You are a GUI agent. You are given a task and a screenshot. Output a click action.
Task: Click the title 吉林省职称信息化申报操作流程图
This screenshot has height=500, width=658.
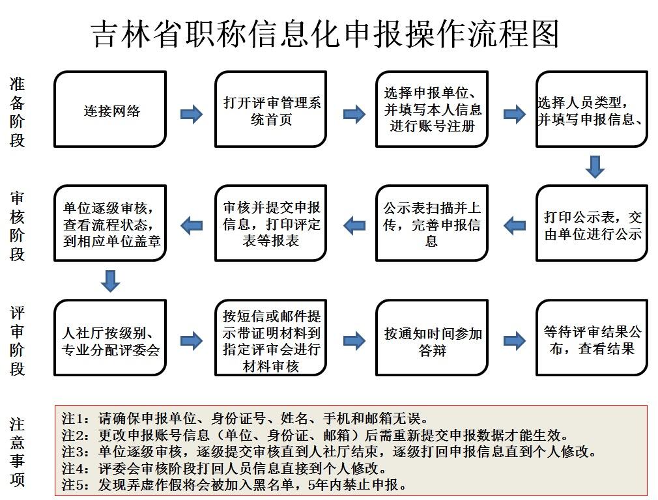pos(324,33)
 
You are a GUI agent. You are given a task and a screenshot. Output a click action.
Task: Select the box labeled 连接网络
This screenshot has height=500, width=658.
pos(110,109)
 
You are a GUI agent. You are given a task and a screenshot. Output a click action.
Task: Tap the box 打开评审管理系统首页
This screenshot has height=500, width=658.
pos(271,109)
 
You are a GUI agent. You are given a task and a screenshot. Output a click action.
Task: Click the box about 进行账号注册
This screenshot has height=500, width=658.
pos(432,109)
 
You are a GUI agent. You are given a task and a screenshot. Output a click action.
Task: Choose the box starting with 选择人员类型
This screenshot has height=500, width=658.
pos(592,109)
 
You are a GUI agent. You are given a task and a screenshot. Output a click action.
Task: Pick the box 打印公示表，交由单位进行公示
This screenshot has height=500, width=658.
pos(592,224)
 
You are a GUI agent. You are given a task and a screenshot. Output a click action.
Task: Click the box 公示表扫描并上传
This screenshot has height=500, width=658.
pos(432,224)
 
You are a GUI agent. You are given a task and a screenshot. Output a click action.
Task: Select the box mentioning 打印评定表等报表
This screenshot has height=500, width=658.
pos(271,224)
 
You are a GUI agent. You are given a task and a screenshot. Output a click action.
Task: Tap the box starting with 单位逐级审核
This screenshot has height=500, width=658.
pos(110,224)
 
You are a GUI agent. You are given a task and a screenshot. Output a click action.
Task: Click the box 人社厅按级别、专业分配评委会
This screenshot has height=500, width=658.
pos(110,338)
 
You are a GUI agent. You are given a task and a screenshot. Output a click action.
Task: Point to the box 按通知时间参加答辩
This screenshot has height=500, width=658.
pos(432,338)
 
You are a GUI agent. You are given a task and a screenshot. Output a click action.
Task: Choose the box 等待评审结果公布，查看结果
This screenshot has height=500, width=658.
pos(592,338)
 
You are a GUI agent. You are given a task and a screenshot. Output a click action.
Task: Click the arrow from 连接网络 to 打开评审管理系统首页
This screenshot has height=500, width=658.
pos(191,115)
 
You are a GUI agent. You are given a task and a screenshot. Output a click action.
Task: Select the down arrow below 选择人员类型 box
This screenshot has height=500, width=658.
pos(594,167)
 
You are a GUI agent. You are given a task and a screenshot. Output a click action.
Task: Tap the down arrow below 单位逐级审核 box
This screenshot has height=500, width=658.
pos(111,281)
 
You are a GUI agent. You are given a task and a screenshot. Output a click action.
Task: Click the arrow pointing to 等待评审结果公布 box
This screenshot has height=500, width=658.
pos(514,340)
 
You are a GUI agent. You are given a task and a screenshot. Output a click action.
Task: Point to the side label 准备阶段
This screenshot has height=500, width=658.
pos(18,111)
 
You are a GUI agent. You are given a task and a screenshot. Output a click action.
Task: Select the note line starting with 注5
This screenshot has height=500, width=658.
pos(235,484)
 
